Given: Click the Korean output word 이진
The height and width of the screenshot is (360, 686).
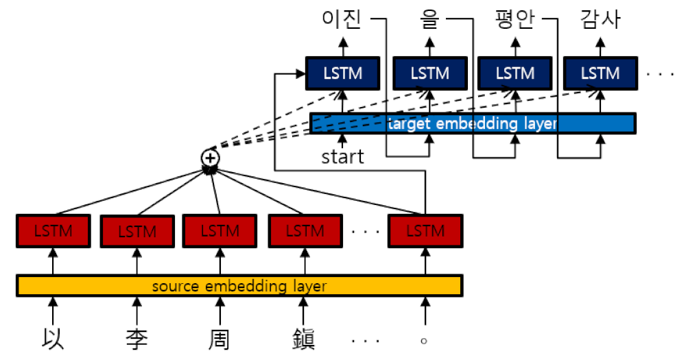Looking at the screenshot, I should (x=342, y=20).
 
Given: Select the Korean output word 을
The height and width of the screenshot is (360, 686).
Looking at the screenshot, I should (x=429, y=20).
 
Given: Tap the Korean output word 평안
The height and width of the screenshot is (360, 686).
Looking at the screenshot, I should (x=514, y=20).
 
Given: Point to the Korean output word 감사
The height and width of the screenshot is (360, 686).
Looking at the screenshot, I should (x=600, y=20).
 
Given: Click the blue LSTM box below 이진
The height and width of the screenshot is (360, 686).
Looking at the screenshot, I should (x=342, y=73).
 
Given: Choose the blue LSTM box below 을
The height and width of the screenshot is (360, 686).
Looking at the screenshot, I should (x=429, y=73).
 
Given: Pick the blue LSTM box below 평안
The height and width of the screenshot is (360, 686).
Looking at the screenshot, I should (x=514, y=73).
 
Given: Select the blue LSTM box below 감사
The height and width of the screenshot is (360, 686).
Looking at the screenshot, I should (x=600, y=73).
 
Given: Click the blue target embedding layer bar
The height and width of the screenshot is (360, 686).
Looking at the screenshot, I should (x=473, y=123).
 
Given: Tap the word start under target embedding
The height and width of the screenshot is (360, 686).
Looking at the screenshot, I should (x=342, y=157).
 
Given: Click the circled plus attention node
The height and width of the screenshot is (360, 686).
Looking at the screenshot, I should (x=211, y=158).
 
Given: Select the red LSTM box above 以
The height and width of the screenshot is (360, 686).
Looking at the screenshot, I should (x=52, y=231).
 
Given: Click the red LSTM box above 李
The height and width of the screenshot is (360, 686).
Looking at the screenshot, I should (x=137, y=232).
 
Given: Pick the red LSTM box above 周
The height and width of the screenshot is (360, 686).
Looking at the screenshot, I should (x=220, y=231).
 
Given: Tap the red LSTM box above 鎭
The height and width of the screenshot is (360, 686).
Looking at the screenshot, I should (x=305, y=231).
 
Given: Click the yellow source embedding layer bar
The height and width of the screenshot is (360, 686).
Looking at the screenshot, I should (x=239, y=285).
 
